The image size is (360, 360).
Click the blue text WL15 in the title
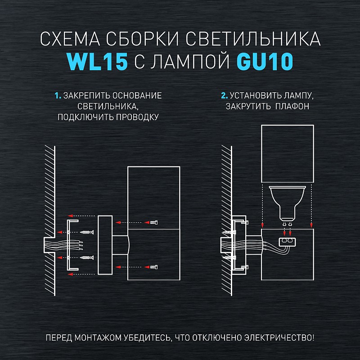click(97, 62)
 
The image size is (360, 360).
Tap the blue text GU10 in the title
click(265, 62)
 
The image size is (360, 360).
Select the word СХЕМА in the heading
click(70, 39)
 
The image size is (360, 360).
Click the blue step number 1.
click(58, 95)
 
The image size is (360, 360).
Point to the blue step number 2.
click(224, 95)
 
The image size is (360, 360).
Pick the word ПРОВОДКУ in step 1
click(137, 117)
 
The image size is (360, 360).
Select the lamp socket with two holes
click(287, 242)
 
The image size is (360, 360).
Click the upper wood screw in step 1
click(87, 232)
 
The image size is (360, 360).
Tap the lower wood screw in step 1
click(87, 257)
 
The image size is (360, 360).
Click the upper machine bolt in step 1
click(154, 222)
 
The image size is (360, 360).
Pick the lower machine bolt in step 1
click(154, 267)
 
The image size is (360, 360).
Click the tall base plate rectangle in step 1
click(105, 245)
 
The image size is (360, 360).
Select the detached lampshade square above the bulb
click(288, 154)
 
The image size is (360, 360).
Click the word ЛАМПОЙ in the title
click(189, 62)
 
